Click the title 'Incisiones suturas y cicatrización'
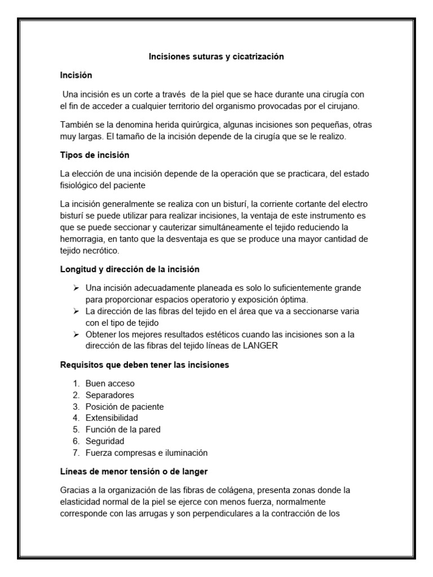point(216,56)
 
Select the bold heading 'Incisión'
point(76,74)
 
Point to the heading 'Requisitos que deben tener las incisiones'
point(144,365)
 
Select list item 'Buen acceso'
point(110,383)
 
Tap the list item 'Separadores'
point(109,395)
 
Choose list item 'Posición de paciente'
point(125,406)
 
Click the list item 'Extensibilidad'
point(112,418)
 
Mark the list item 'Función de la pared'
point(123,429)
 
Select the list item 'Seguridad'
point(105,441)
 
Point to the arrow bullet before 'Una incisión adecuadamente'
point(77,288)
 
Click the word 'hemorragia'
point(83,239)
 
